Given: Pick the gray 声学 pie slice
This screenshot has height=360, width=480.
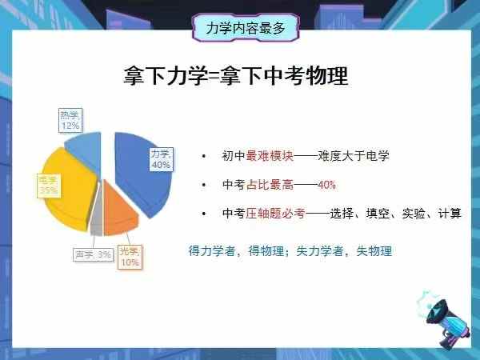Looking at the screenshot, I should [x=96, y=220].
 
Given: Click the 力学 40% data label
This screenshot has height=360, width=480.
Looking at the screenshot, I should [x=161, y=158].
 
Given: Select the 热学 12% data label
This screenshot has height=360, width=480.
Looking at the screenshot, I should [x=70, y=121].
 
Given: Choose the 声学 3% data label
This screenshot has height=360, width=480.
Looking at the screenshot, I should [x=93, y=255].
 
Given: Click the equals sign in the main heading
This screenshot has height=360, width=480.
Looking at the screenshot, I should [x=210, y=78].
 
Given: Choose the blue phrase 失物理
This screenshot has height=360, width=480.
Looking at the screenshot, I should [x=374, y=251].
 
